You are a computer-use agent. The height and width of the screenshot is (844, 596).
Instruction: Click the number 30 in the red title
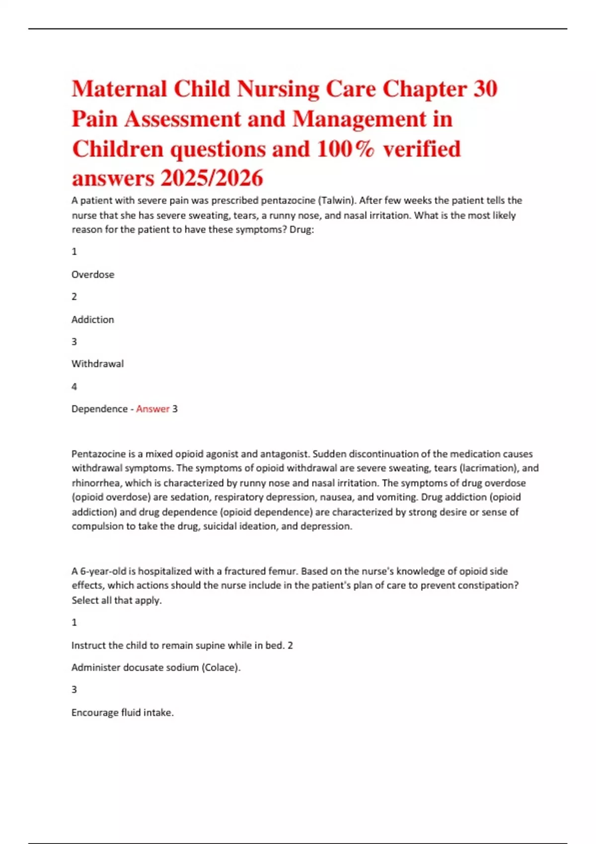[485, 89]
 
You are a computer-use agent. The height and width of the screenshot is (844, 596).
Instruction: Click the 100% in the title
[345, 149]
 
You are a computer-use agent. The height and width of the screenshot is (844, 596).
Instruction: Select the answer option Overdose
[93, 275]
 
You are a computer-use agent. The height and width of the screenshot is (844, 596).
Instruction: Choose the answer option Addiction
[93, 320]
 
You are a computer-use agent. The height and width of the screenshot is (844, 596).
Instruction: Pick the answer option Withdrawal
[98, 364]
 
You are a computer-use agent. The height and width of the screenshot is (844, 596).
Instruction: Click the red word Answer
[153, 409]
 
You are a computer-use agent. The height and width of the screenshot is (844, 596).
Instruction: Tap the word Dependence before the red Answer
[99, 409]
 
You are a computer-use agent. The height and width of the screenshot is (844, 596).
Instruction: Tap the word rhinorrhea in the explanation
[96, 483]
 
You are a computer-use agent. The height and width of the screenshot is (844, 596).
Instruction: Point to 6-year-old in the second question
[103, 571]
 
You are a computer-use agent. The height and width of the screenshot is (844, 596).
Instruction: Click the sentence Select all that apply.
[117, 600]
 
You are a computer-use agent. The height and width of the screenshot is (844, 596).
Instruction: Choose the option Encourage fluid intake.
[123, 713]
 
